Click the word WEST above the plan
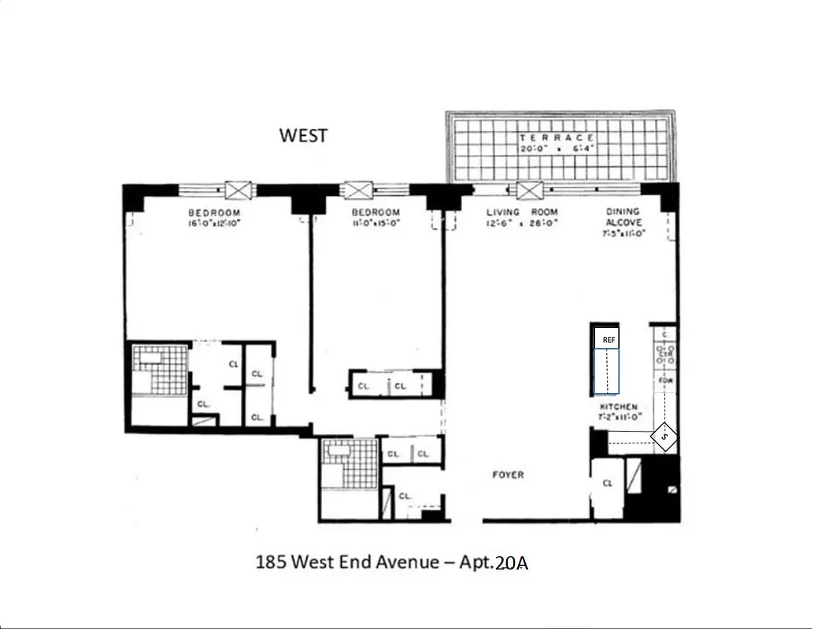(x=303, y=135)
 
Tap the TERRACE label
(x=557, y=138)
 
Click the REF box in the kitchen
(x=608, y=339)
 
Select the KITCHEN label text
(x=620, y=406)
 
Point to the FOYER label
(x=508, y=475)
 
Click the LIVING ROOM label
(x=521, y=212)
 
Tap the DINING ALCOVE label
(x=623, y=217)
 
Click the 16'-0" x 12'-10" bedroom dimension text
(x=213, y=223)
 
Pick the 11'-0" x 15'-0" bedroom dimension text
(x=376, y=223)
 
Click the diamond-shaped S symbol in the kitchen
(x=665, y=436)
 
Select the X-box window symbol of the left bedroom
(x=239, y=189)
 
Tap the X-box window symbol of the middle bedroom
(x=359, y=189)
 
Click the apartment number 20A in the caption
(x=517, y=564)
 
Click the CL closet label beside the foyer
(x=607, y=484)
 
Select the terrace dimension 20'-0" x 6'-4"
(x=557, y=149)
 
